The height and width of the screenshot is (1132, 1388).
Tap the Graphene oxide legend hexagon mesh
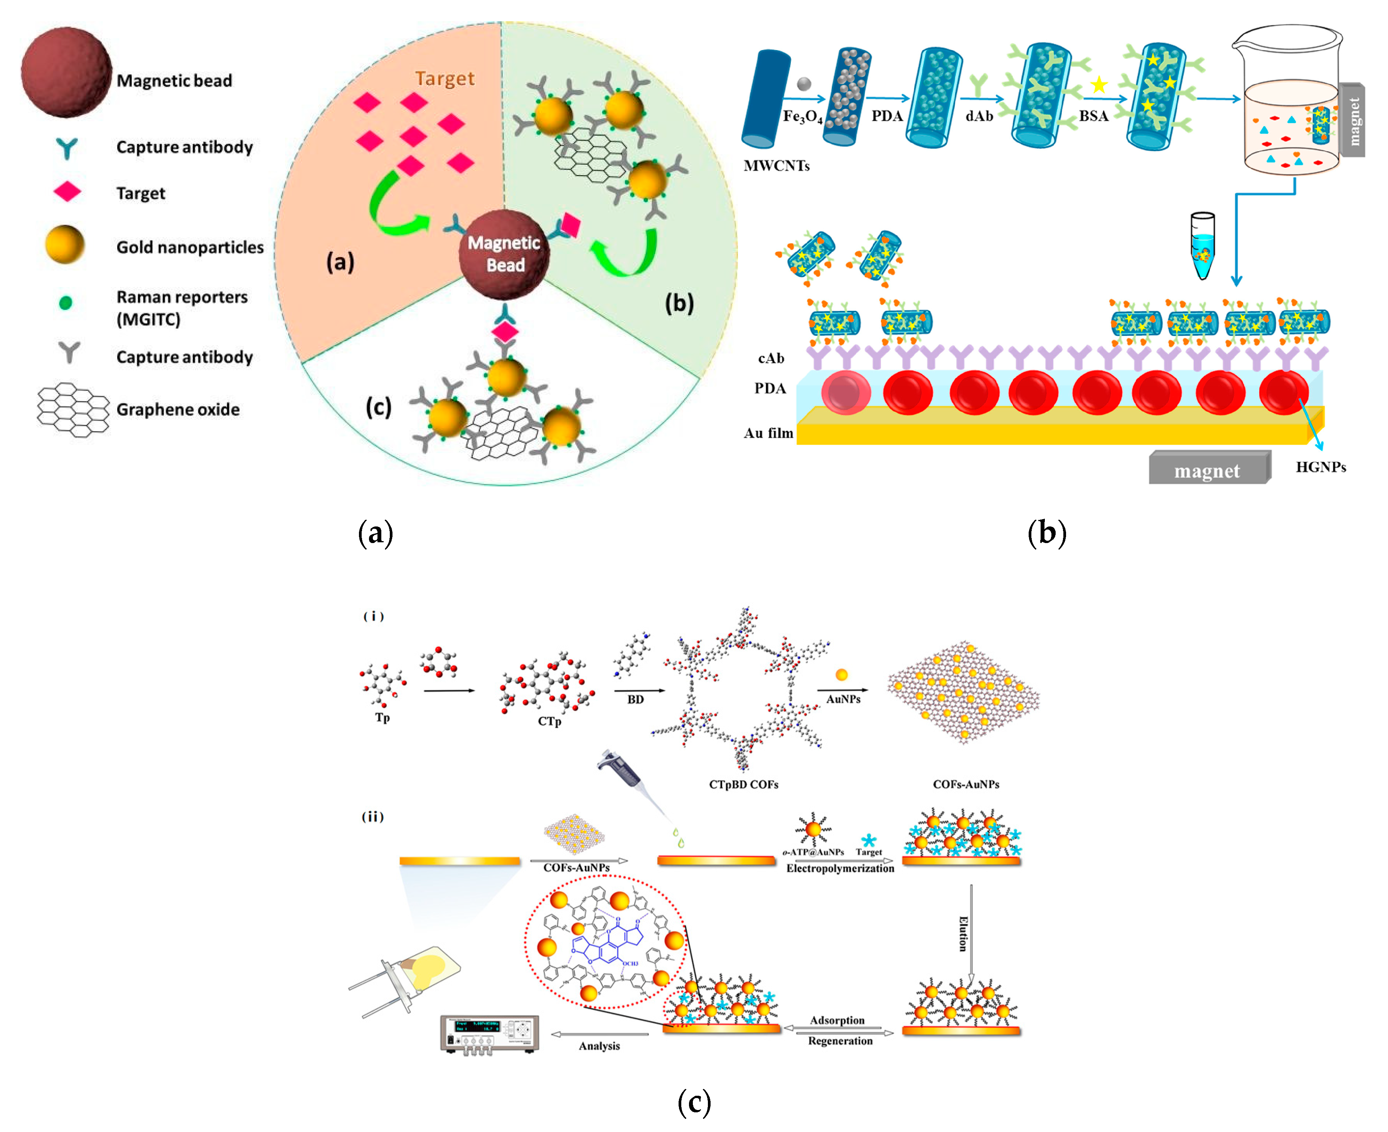73,410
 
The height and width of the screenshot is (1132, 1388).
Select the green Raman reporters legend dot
65,302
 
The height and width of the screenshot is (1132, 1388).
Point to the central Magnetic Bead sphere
504,254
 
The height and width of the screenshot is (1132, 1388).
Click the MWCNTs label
777,165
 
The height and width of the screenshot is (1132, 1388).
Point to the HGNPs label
1320,467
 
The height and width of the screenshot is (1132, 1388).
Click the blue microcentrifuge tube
1202,246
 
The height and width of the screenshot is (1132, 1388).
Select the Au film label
768,433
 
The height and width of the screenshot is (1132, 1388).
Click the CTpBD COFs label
743,784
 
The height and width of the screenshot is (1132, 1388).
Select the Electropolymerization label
840,869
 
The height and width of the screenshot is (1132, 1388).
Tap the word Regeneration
840,1041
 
